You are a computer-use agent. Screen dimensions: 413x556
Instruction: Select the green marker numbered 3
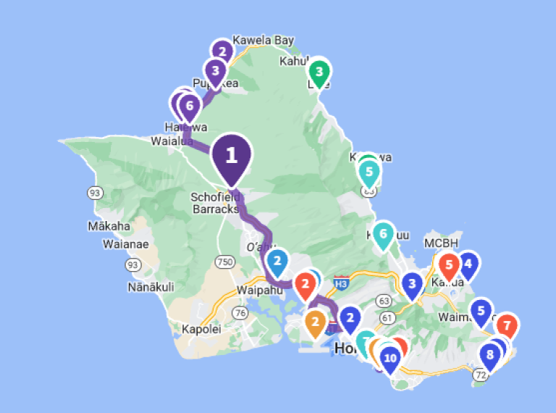318,72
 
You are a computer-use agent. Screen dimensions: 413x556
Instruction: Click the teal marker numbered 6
383,235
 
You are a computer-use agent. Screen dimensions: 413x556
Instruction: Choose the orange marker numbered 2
316,322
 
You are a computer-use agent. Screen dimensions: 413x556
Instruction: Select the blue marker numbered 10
390,358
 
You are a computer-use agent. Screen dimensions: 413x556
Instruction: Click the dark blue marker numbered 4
468,265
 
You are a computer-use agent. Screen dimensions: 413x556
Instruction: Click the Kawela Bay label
263,41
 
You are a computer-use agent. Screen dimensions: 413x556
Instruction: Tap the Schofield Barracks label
215,203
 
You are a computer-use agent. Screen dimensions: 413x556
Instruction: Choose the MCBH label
442,243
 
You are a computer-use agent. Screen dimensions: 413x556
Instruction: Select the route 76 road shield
239,312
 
